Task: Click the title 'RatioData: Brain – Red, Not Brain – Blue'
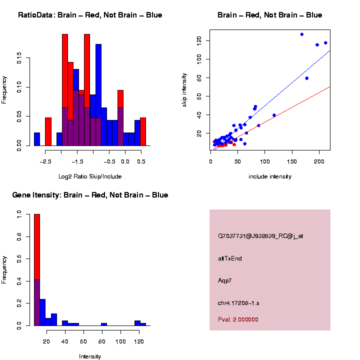90,15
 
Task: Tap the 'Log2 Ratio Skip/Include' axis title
90,176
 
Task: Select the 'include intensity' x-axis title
270,176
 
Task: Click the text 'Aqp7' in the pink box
224,280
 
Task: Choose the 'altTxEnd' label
229,258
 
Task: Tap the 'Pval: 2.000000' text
238,319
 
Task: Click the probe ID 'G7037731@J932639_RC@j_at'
260,236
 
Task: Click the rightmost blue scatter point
325,43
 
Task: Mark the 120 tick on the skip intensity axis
206,40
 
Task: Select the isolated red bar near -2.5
48,131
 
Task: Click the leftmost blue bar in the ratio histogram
37,139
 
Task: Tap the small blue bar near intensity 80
103,324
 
